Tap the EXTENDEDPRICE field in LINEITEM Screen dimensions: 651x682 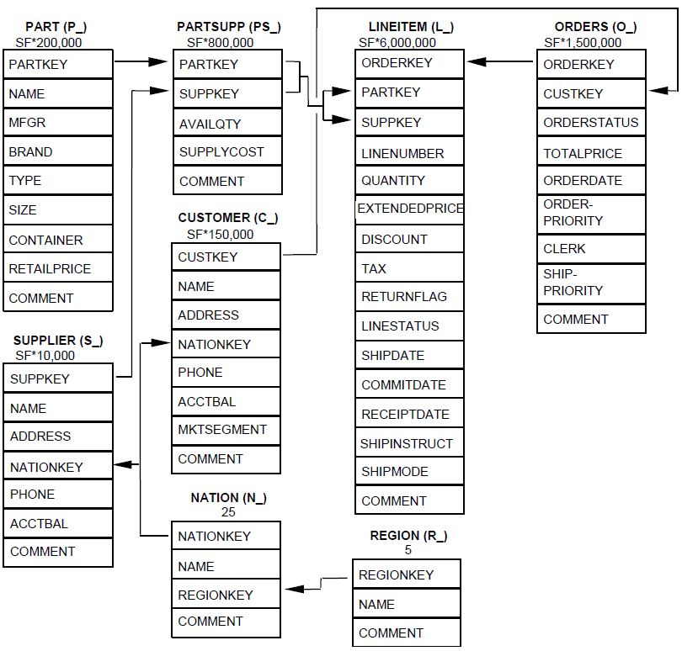(x=410, y=209)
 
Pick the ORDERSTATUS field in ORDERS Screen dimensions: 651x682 (x=591, y=123)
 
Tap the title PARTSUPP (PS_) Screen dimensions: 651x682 (x=229, y=28)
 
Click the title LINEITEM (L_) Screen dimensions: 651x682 (x=412, y=28)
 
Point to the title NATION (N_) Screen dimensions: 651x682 (x=228, y=498)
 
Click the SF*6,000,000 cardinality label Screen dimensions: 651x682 (x=397, y=42)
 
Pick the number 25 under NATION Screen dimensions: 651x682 (x=228, y=511)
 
